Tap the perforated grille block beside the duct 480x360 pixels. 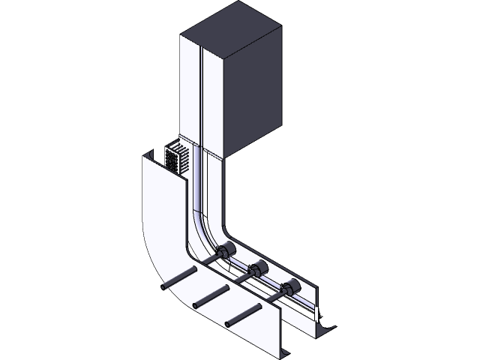[x=175, y=158]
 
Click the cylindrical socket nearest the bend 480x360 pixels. [x=225, y=250]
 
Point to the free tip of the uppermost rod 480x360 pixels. [x=163, y=286]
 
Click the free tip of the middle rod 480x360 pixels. [x=196, y=304]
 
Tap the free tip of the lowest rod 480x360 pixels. [x=229, y=323]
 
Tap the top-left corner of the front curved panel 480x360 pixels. [x=144, y=154]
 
